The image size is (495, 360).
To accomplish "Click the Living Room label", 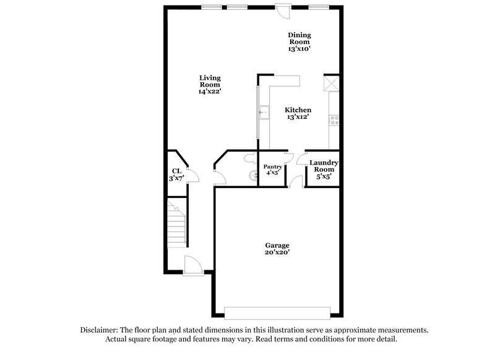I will (210, 79).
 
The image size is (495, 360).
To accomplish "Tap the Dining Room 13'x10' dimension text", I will (299, 47).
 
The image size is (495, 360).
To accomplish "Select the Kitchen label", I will (298, 109).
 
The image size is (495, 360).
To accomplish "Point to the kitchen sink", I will (264, 112).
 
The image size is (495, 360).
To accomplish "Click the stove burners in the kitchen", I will (335, 119).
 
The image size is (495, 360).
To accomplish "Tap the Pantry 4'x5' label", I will (273, 170).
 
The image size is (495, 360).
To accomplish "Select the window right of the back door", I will (318, 7).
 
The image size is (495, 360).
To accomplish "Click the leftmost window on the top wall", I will (212, 7).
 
